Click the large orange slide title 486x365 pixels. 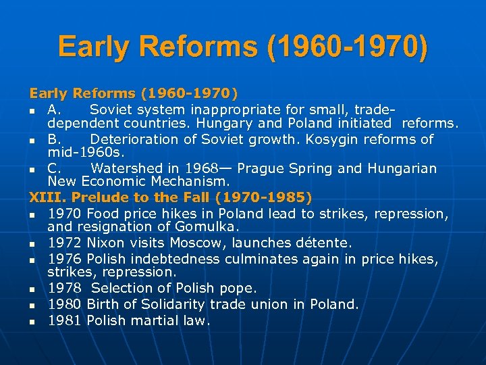242,47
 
